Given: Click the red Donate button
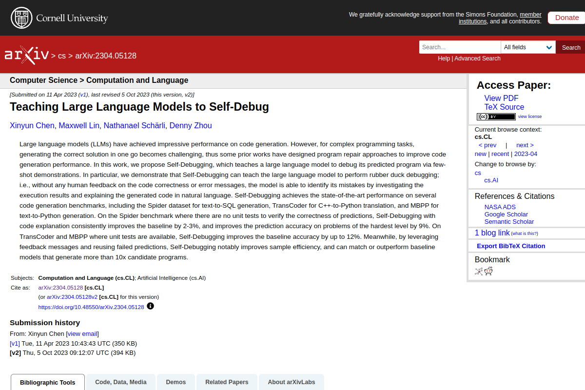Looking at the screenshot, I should pyautogui.click(x=566, y=18).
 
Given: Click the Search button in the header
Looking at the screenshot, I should pyautogui.click(x=571, y=47).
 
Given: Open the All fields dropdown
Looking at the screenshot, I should pyautogui.click(x=528, y=47).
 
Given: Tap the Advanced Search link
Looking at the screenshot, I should pyautogui.click(x=477, y=58).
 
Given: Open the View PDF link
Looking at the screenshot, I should pyautogui.click(x=501, y=98).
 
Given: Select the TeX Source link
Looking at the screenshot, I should pyautogui.click(x=504, y=107).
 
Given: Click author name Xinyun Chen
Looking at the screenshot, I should pyautogui.click(x=32, y=126).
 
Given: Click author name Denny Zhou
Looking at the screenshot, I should pyautogui.click(x=191, y=126).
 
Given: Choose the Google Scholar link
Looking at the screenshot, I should pyautogui.click(x=506, y=214).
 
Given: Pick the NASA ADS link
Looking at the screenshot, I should pyautogui.click(x=500, y=207).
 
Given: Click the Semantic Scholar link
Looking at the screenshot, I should pyautogui.click(x=509, y=222).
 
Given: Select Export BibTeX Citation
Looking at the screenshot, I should pyautogui.click(x=511, y=246).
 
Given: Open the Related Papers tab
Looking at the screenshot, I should pyautogui.click(x=227, y=382).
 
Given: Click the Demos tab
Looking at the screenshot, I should pyautogui.click(x=175, y=382).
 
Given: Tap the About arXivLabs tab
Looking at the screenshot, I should pyautogui.click(x=291, y=382).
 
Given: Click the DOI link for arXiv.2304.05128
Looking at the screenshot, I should pyautogui.click(x=91, y=307).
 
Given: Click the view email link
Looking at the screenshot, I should pyautogui.click(x=82, y=334).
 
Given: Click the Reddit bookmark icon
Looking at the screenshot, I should pyautogui.click(x=488, y=272).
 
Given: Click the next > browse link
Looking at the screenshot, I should pyautogui.click(x=525, y=145).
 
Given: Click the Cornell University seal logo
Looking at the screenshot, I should pyautogui.click(x=20, y=18).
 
